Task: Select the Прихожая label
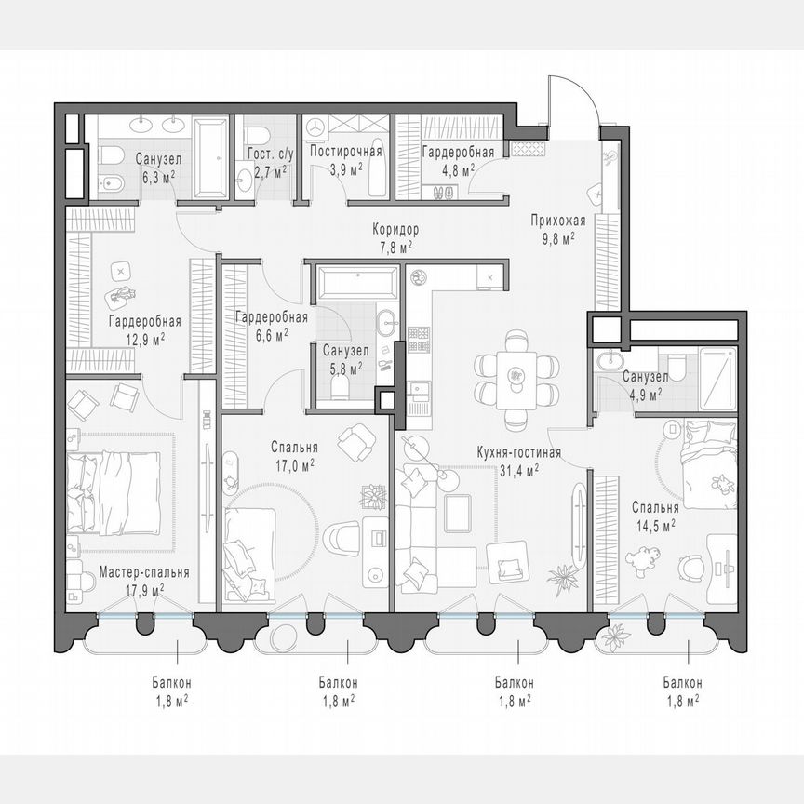(557, 221)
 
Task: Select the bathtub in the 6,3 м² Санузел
(210, 157)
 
